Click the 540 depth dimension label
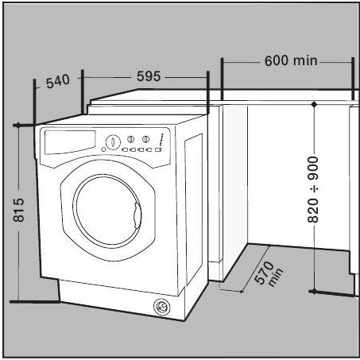(x=58, y=81)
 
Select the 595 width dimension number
(x=149, y=76)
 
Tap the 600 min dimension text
(x=291, y=60)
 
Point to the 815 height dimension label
(x=19, y=210)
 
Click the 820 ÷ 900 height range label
(x=313, y=189)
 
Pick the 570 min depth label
(x=268, y=273)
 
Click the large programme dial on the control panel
(x=113, y=142)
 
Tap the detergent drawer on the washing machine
(x=70, y=141)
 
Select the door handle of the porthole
(x=137, y=215)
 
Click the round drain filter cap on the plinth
(x=161, y=307)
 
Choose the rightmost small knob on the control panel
(x=145, y=139)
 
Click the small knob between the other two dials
(x=130, y=139)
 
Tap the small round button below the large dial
(x=104, y=149)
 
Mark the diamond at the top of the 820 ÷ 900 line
(x=314, y=104)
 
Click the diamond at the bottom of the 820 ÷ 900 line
(x=314, y=292)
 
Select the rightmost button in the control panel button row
(x=158, y=150)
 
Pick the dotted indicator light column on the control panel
(x=161, y=140)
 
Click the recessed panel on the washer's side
(x=194, y=209)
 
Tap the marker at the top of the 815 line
(x=18, y=125)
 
